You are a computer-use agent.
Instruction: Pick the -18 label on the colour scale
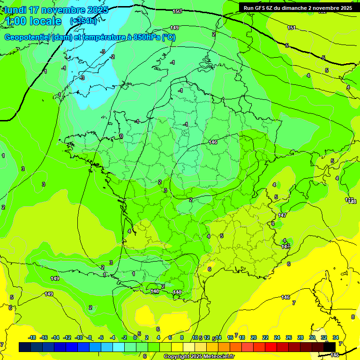point(32,337)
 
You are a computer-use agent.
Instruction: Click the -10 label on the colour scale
point(79,337)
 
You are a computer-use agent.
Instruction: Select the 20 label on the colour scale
point(254,337)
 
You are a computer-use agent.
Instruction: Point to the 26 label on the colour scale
point(288,337)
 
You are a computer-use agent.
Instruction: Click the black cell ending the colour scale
point(330,347)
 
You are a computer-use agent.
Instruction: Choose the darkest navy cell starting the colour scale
point(25,347)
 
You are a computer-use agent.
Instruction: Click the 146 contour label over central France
point(213,142)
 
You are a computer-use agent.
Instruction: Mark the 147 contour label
point(282,215)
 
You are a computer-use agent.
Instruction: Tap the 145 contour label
point(335,355)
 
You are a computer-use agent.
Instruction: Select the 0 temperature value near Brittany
point(121,136)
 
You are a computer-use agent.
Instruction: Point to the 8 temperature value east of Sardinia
point(353,317)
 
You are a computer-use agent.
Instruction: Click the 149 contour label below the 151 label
point(174,28)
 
